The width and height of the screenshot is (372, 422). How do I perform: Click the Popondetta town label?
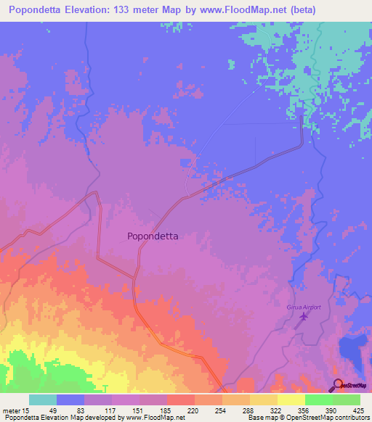tap(153, 236)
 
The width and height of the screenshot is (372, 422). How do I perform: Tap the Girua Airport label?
tap(304, 307)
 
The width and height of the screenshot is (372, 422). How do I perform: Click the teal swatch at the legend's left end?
tap(43, 400)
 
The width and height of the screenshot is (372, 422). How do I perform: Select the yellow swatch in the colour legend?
tap(290, 400)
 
